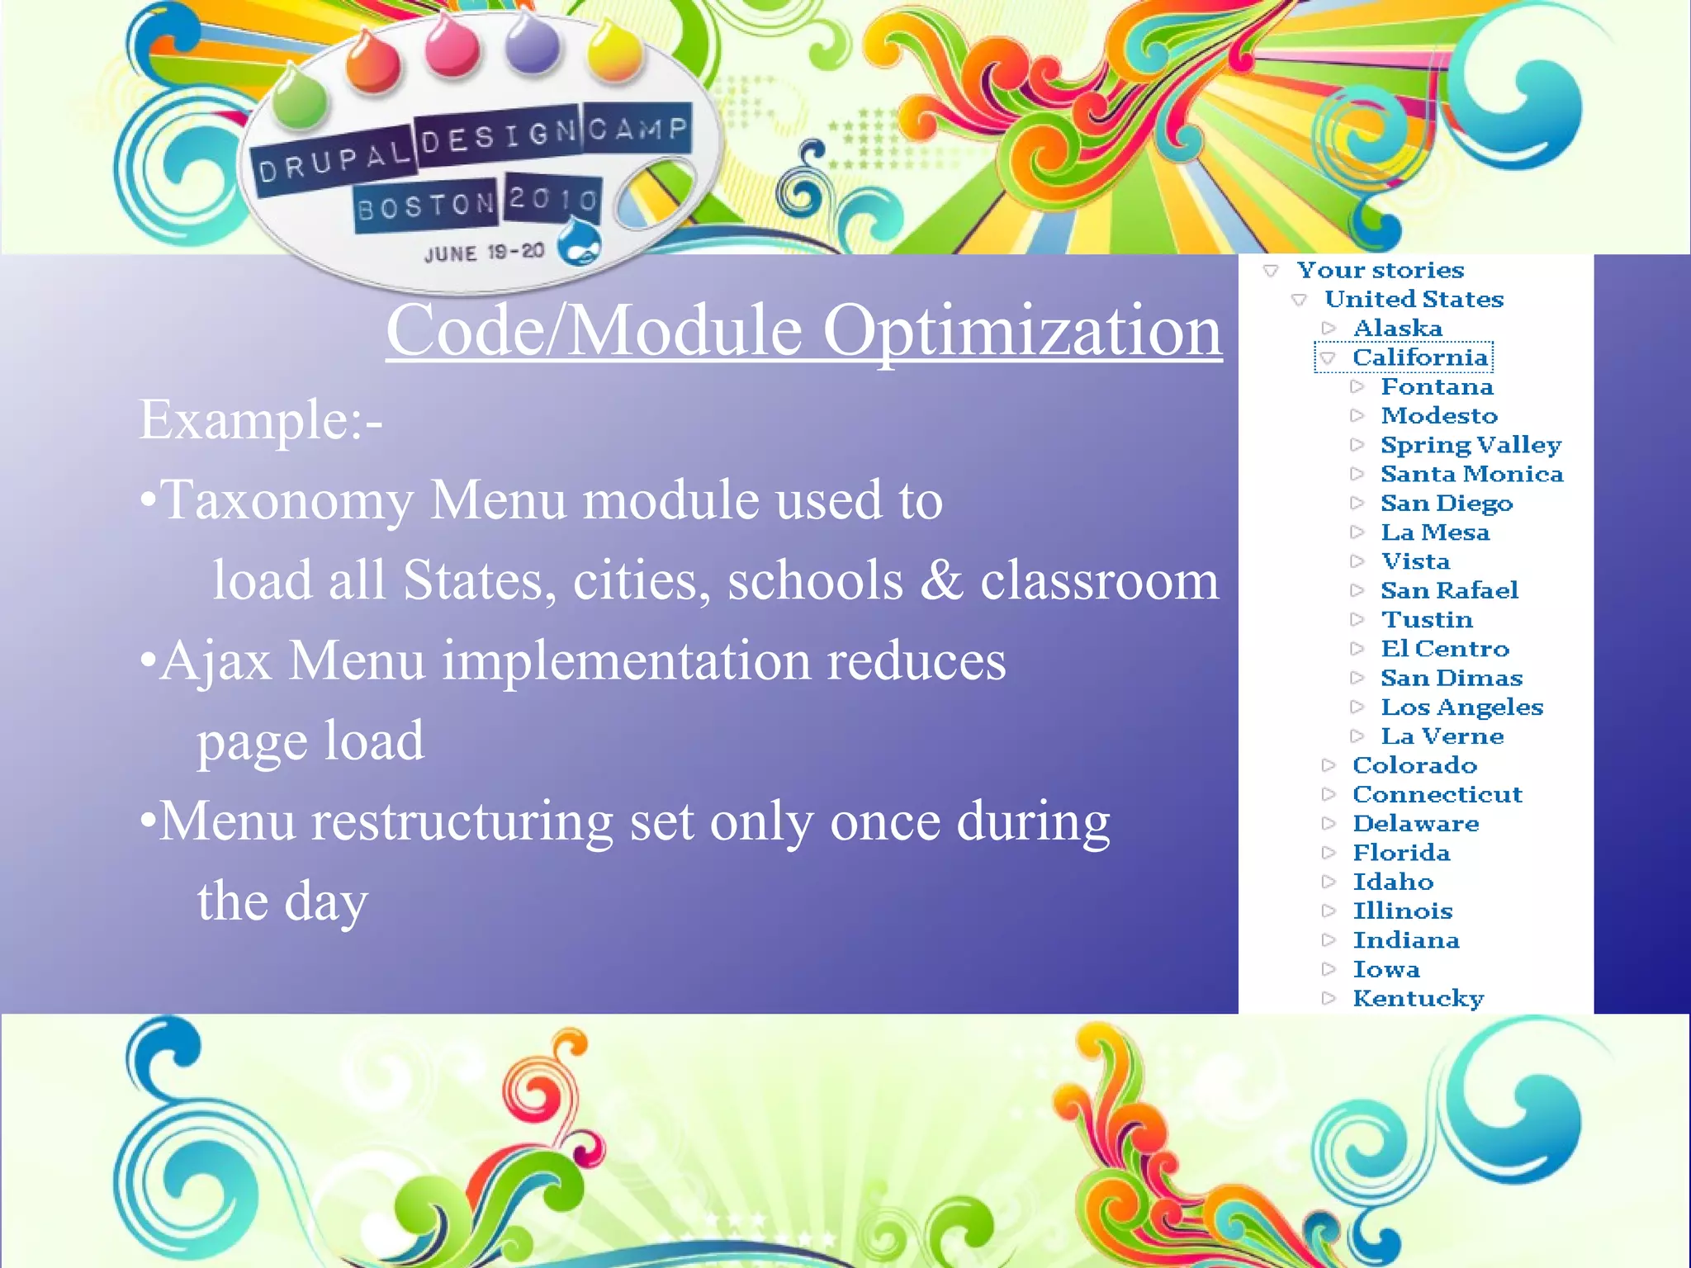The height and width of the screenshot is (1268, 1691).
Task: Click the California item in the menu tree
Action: point(1419,357)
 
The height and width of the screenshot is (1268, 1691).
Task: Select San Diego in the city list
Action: point(1447,504)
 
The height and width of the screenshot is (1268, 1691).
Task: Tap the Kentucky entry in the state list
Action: point(1418,999)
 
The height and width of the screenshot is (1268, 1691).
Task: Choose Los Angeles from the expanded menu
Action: point(1461,707)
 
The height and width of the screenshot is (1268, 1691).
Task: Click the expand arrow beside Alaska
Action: point(1328,329)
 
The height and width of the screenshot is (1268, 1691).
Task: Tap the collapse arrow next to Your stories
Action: point(1271,271)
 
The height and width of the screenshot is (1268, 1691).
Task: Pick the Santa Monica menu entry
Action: point(1471,474)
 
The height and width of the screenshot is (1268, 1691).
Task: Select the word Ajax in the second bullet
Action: point(216,661)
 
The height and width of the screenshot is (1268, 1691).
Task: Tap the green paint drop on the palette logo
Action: point(299,100)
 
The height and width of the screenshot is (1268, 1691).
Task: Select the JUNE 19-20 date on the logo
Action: point(484,253)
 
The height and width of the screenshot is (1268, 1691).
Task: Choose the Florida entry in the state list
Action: point(1400,853)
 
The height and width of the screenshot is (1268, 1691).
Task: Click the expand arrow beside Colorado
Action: point(1328,765)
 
